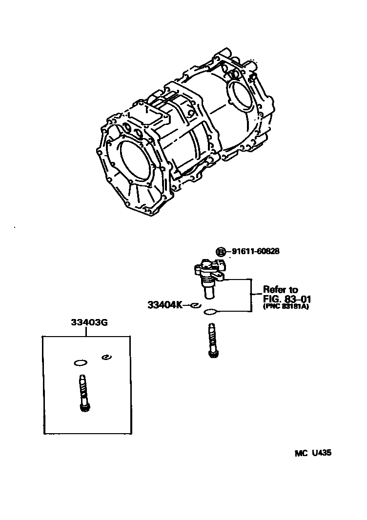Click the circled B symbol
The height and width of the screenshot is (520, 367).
(222, 252)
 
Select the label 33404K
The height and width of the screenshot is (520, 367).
(164, 305)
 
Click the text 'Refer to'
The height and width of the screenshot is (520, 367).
(280, 290)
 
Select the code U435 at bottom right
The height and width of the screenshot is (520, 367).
(322, 453)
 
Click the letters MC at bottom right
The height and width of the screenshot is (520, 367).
(301, 453)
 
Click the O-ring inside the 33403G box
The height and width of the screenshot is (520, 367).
(80, 362)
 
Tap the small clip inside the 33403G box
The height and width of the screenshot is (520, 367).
(105, 358)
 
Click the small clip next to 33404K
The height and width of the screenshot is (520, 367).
(194, 305)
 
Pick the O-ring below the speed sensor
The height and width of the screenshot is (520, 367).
(211, 312)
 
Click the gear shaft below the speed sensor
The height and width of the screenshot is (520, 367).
(211, 341)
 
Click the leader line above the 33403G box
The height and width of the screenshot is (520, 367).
(87, 332)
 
